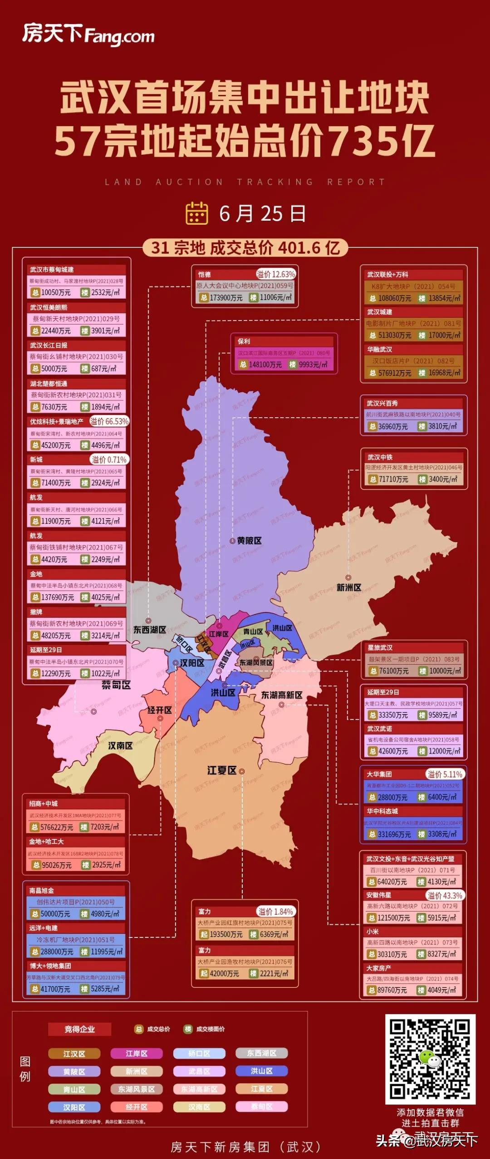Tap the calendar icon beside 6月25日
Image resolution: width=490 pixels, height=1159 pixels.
(x=197, y=213)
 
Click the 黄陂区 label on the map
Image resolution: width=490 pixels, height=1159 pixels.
(x=249, y=541)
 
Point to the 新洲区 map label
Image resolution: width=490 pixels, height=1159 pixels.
(x=348, y=587)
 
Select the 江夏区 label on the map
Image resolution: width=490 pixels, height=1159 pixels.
(x=222, y=770)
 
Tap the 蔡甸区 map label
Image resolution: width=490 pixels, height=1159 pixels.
(x=116, y=685)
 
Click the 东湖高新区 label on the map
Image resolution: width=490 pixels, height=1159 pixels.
(x=281, y=695)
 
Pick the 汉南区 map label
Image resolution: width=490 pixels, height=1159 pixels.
(x=120, y=745)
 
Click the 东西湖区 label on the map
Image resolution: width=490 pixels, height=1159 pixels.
(x=149, y=630)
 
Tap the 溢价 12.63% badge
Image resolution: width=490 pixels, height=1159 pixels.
(x=276, y=274)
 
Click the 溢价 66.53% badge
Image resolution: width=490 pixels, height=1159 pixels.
(x=109, y=421)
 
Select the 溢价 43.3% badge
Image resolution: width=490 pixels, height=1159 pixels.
(x=445, y=895)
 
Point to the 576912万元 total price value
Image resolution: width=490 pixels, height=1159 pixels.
(x=395, y=373)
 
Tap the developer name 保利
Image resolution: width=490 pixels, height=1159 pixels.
(x=244, y=341)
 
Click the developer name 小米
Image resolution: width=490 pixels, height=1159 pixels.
(x=372, y=931)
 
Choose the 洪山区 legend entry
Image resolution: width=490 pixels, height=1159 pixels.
(x=261, y=1071)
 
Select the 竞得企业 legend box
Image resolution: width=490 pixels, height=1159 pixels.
(x=80, y=1029)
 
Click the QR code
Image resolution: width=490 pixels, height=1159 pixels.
(x=430, y=1059)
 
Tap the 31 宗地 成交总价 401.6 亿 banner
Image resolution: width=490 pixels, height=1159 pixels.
(x=245, y=248)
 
